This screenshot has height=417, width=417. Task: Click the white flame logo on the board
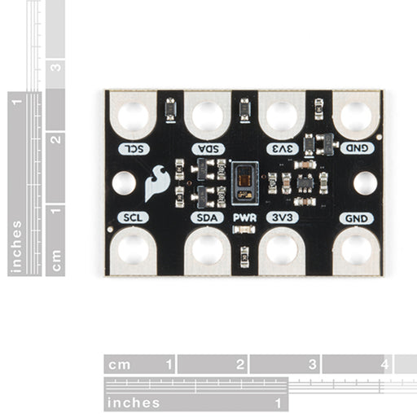(157, 184)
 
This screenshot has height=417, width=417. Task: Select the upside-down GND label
(357, 148)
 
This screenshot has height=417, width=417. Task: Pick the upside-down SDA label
(207, 148)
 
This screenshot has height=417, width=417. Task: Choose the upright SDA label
(207, 218)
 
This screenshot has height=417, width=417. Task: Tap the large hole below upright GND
(357, 249)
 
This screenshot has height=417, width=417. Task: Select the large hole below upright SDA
(207, 249)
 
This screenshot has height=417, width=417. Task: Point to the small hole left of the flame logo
(124, 183)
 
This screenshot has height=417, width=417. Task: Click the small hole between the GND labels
(365, 183)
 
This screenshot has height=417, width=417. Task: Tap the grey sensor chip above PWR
(244, 183)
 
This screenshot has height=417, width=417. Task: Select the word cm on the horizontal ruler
(121, 364)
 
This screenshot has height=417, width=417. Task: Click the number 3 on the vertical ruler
(55, 67)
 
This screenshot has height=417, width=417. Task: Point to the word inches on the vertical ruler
(17, 244)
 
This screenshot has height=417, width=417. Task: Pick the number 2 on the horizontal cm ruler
(240, 364)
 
